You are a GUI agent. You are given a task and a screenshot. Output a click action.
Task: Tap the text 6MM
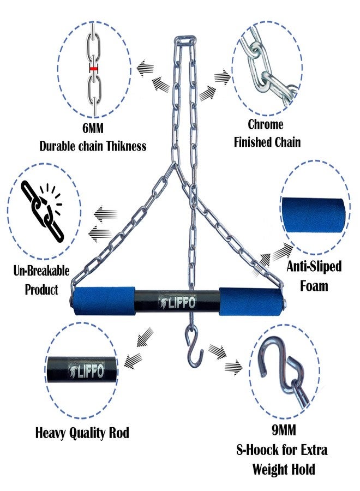(93, 128)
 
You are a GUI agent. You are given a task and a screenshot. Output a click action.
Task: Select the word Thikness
(126, 146)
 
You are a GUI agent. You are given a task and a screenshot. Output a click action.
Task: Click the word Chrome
(266, 124)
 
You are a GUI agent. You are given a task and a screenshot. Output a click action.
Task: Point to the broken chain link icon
(42, 211)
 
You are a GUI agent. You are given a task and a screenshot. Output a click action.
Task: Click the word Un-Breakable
(41, 271)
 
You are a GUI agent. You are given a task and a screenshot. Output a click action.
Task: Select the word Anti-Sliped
(314, 266)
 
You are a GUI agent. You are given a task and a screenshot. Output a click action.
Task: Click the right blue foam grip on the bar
(250, 301)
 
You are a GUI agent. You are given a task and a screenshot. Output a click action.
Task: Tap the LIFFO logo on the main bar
(177, 302)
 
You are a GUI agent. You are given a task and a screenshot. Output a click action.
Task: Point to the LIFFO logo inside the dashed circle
(86, 372)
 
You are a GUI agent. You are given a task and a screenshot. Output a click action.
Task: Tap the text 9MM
(284, 430)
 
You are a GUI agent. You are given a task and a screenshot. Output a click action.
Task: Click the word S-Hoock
(257, 450)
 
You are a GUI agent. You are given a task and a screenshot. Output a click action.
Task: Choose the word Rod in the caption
(119, 433)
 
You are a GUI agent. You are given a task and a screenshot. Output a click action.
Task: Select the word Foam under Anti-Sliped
(314, 285)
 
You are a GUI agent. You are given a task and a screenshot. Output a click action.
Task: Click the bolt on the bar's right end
(285, 303)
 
